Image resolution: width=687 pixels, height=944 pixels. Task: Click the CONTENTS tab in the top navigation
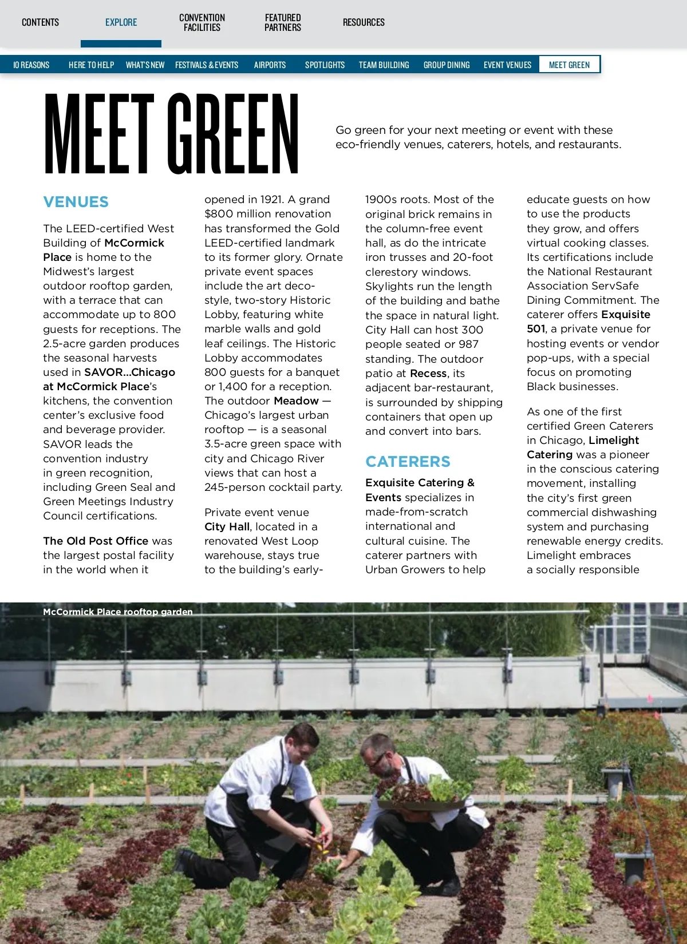click(x=40, y=22)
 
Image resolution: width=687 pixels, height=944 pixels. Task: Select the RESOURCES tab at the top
click(x=364, y=22)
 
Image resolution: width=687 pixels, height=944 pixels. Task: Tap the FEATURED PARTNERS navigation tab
click(x=283, y=22)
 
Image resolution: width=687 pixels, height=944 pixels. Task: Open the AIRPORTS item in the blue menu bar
click(x=270, y=65)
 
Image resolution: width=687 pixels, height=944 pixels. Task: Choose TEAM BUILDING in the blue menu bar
click(x=384, y=65)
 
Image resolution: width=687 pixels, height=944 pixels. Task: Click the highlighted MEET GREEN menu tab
click(x=569, y=65)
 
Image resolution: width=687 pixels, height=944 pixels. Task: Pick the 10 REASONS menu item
click(x=31, y=65)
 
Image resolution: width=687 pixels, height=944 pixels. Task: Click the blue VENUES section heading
click(x=76, y=202)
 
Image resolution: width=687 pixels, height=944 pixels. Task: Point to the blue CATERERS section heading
click(x=408, y=462)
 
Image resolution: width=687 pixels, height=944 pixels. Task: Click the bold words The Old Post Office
click(x=96, y=541)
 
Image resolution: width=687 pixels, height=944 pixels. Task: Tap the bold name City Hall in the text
click(x=227, y=526)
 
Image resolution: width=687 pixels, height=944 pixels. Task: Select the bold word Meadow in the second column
click(x=296, y=400)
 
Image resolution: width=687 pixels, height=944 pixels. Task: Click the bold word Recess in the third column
click(x=428, y=373)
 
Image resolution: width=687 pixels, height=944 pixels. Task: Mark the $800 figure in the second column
click(x=219, y=214)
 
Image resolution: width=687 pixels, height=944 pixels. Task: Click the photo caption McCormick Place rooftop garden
click(x=117, y=612)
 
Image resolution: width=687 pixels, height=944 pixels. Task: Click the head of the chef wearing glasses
click(x=378, y=751)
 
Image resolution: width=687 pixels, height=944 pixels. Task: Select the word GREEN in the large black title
click(x=234, y=134)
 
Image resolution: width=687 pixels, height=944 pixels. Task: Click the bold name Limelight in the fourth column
click(x=614, y=440)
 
